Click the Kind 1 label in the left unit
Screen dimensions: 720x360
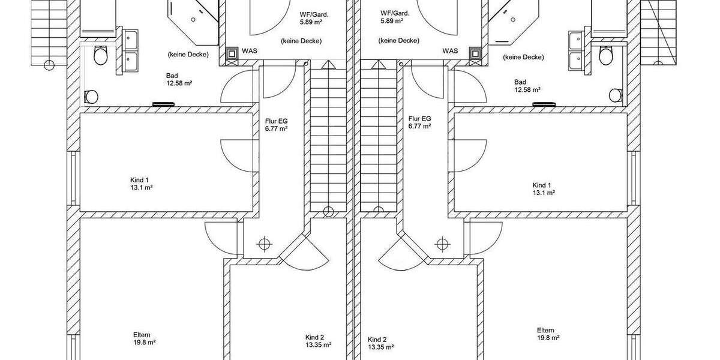click(x=139, y=180)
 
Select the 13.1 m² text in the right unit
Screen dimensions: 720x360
click(x=544, y=193)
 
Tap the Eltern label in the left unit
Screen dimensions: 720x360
click(x=142, y=335)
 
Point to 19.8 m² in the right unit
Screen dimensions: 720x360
click(x=548, y=338)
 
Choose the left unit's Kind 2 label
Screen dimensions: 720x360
click(x=314, y=337)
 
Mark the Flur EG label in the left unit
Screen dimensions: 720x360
click(x=277, y=121)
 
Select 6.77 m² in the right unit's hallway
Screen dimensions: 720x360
click(x=419, y=127)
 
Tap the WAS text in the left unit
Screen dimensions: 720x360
click(x=250, y=51)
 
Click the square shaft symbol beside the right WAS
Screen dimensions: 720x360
click(x=475, y=53)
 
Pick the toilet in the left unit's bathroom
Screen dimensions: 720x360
click(x=100, y=55)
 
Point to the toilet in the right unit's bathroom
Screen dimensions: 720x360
click(x=606, y=55)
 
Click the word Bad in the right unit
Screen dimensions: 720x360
click(x=520, y=82)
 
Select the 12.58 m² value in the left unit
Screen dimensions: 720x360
click(x=179, y=83)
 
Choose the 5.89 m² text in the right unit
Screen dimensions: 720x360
click(x=392, y=21)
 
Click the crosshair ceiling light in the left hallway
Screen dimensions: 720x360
click(x=264, y=244)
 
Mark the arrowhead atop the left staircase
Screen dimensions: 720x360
click(x=328, y=65)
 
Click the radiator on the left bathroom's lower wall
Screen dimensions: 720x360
click(x=163, y=104)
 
